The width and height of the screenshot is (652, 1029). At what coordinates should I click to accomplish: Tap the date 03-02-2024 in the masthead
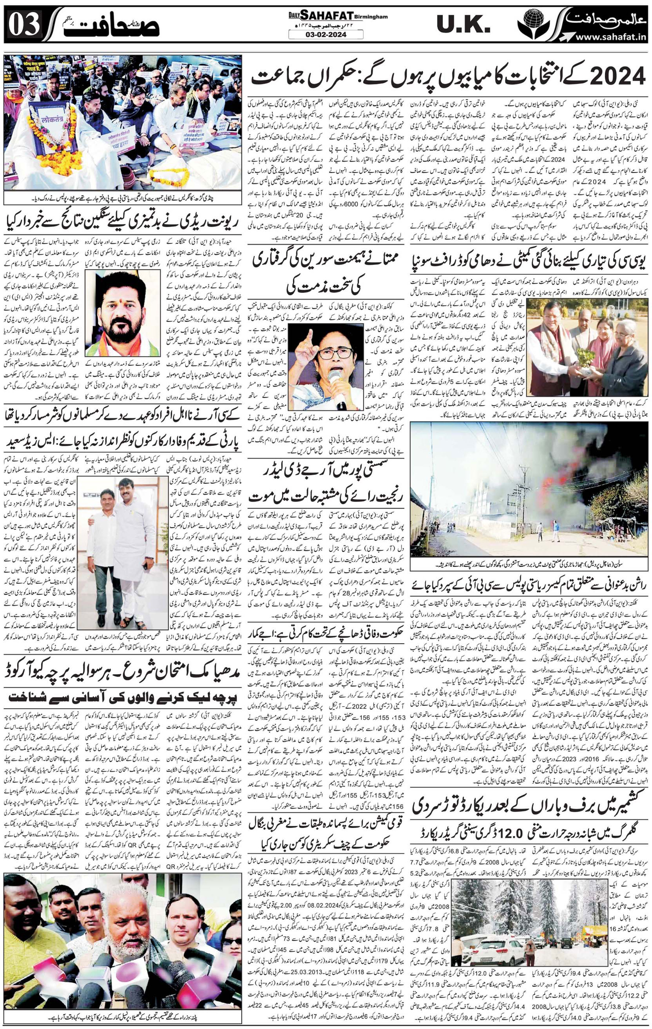coord(326,34)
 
